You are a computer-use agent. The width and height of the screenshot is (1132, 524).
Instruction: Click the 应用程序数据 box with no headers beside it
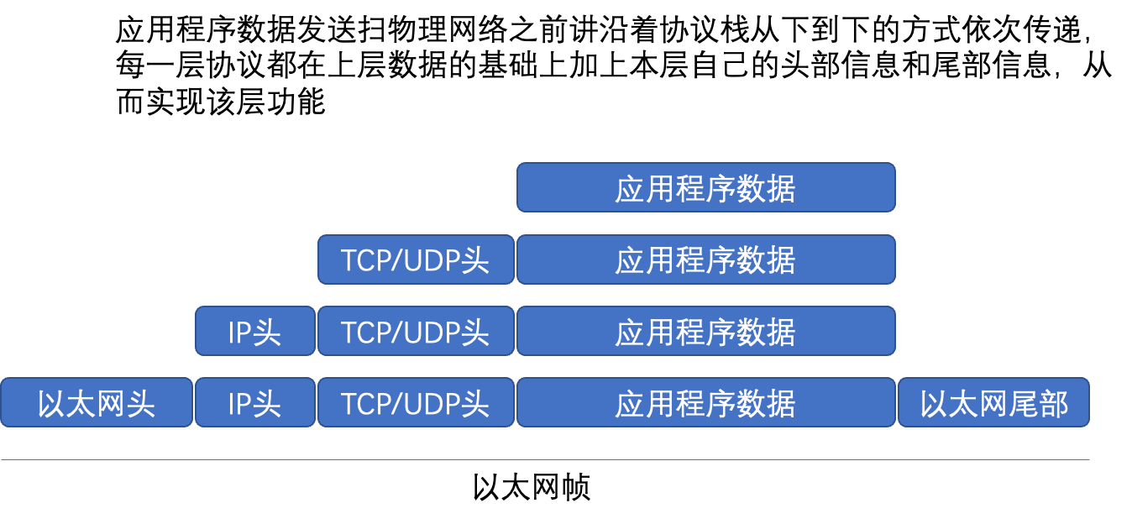(705, 187)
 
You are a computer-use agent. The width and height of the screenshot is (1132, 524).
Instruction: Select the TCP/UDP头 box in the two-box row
(416, 259)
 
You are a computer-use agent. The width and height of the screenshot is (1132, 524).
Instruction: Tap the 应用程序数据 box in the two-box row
(705, 259)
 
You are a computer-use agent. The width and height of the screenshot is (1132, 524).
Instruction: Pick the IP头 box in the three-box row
(254, 332)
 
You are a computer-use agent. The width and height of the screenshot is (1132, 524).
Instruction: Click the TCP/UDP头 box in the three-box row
(416, 332)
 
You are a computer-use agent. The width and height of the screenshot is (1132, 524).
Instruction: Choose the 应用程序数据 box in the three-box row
(705, 332)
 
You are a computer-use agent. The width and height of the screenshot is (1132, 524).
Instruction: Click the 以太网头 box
(97, 403)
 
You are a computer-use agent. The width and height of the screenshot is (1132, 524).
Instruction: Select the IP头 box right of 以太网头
(254, 403)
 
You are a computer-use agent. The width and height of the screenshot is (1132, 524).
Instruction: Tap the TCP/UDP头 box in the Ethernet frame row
(416, 403)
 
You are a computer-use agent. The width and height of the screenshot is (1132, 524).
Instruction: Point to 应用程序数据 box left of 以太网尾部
(705, 403)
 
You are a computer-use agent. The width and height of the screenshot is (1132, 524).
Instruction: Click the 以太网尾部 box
(993, 403)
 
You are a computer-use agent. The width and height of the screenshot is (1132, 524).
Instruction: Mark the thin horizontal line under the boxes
(546, 459)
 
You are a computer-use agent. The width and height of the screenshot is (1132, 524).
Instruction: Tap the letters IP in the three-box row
(239, 333)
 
